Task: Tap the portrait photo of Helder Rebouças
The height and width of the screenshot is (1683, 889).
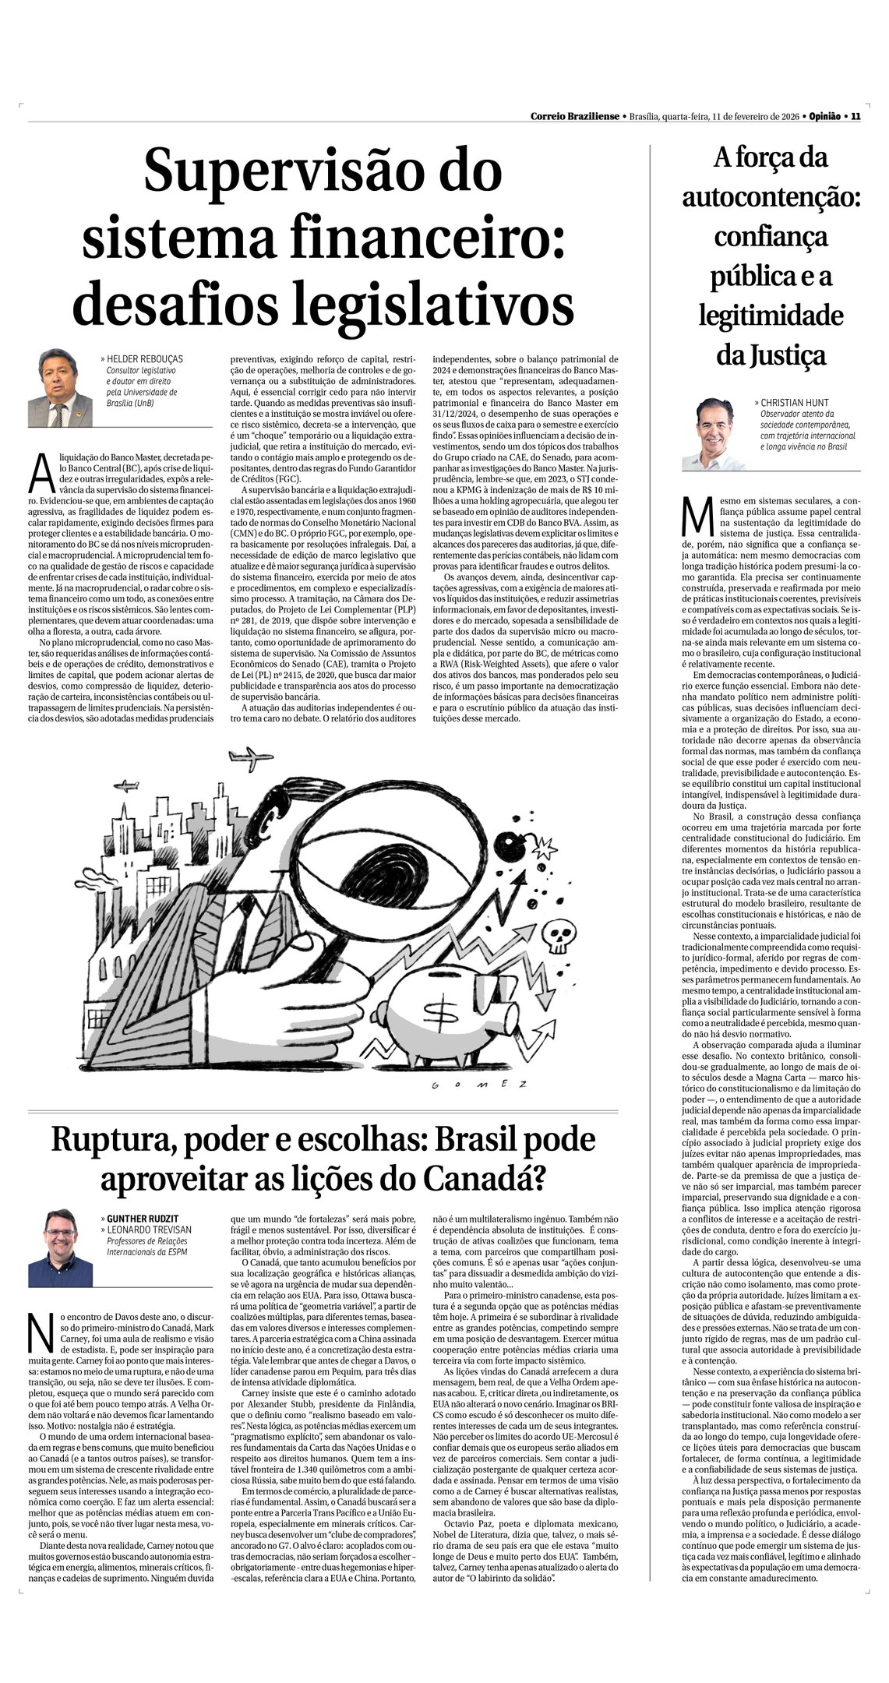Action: (60, 387)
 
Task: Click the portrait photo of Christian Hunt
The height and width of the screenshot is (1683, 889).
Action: (714, 434)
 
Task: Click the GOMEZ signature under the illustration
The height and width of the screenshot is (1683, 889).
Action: (480, 1085)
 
